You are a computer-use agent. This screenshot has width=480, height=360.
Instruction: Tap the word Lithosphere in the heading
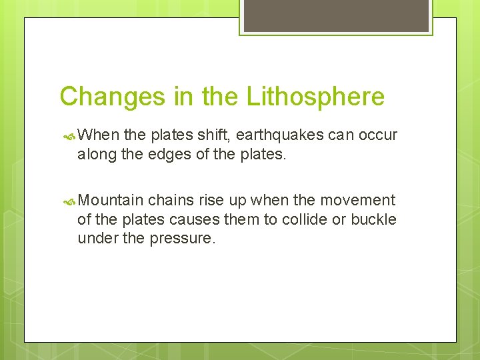(x=315, y=97)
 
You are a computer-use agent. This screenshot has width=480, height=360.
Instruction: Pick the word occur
(x=378, y=135)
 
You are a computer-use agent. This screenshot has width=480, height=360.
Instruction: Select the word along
(x=97, y=155)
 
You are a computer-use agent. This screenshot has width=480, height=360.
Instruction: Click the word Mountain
(x=111, y=200)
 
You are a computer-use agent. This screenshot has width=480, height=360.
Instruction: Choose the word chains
(x=171, y=200)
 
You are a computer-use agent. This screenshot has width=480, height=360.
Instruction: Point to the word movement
(x=357, y=200)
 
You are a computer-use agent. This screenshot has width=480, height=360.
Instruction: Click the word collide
(x=304, y=219)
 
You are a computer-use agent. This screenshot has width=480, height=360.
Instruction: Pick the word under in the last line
(x=97, y=239)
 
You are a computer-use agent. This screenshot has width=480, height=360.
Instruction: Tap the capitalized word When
(x=99, y=135)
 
